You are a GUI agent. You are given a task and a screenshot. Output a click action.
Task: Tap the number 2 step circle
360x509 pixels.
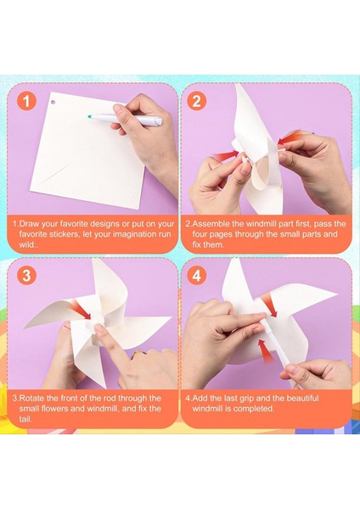click(x=197, y=102)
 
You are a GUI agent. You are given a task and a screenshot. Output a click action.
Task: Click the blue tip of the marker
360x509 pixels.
click(x=91, y=115)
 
